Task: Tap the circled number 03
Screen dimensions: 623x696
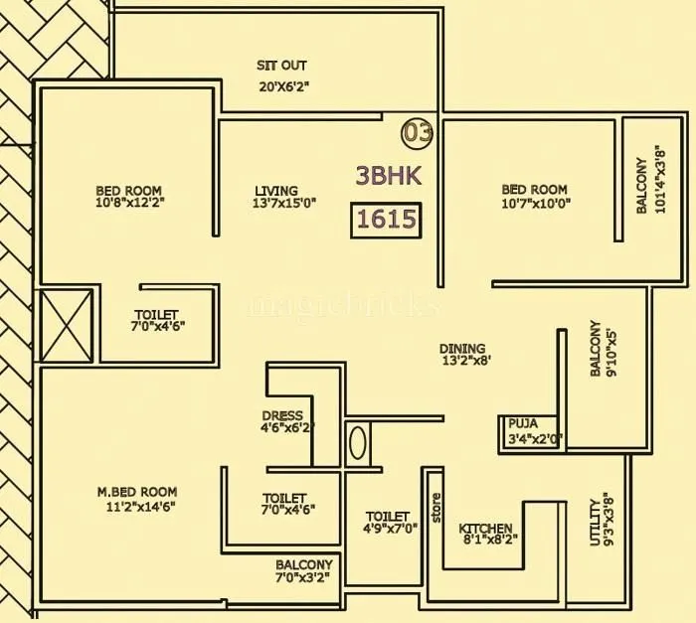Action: click(x=418, y=131)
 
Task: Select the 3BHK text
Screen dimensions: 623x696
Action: click(x=389, y=176)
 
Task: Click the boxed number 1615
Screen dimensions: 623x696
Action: click(x=386, y=220)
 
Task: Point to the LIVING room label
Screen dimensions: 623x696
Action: click(x=275, y=191)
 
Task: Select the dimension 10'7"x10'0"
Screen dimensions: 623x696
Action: click(x=535, y=204)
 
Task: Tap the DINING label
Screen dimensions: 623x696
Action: click(x=462, y=349)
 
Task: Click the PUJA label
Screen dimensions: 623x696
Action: click(x=523, y=422)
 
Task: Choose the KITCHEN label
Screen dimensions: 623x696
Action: click(x=486, y=529)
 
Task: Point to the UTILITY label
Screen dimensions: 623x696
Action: click(x=596, y=522)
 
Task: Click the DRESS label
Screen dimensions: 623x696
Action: click(x=282, y=416)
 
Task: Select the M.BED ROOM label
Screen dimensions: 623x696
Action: click(x=137, y=492)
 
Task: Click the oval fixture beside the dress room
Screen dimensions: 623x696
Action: click(x=359, y=442)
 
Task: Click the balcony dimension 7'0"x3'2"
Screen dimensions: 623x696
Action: click(x=302, y=577)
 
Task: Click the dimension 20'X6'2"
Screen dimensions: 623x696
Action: click(x=284, y=86)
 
